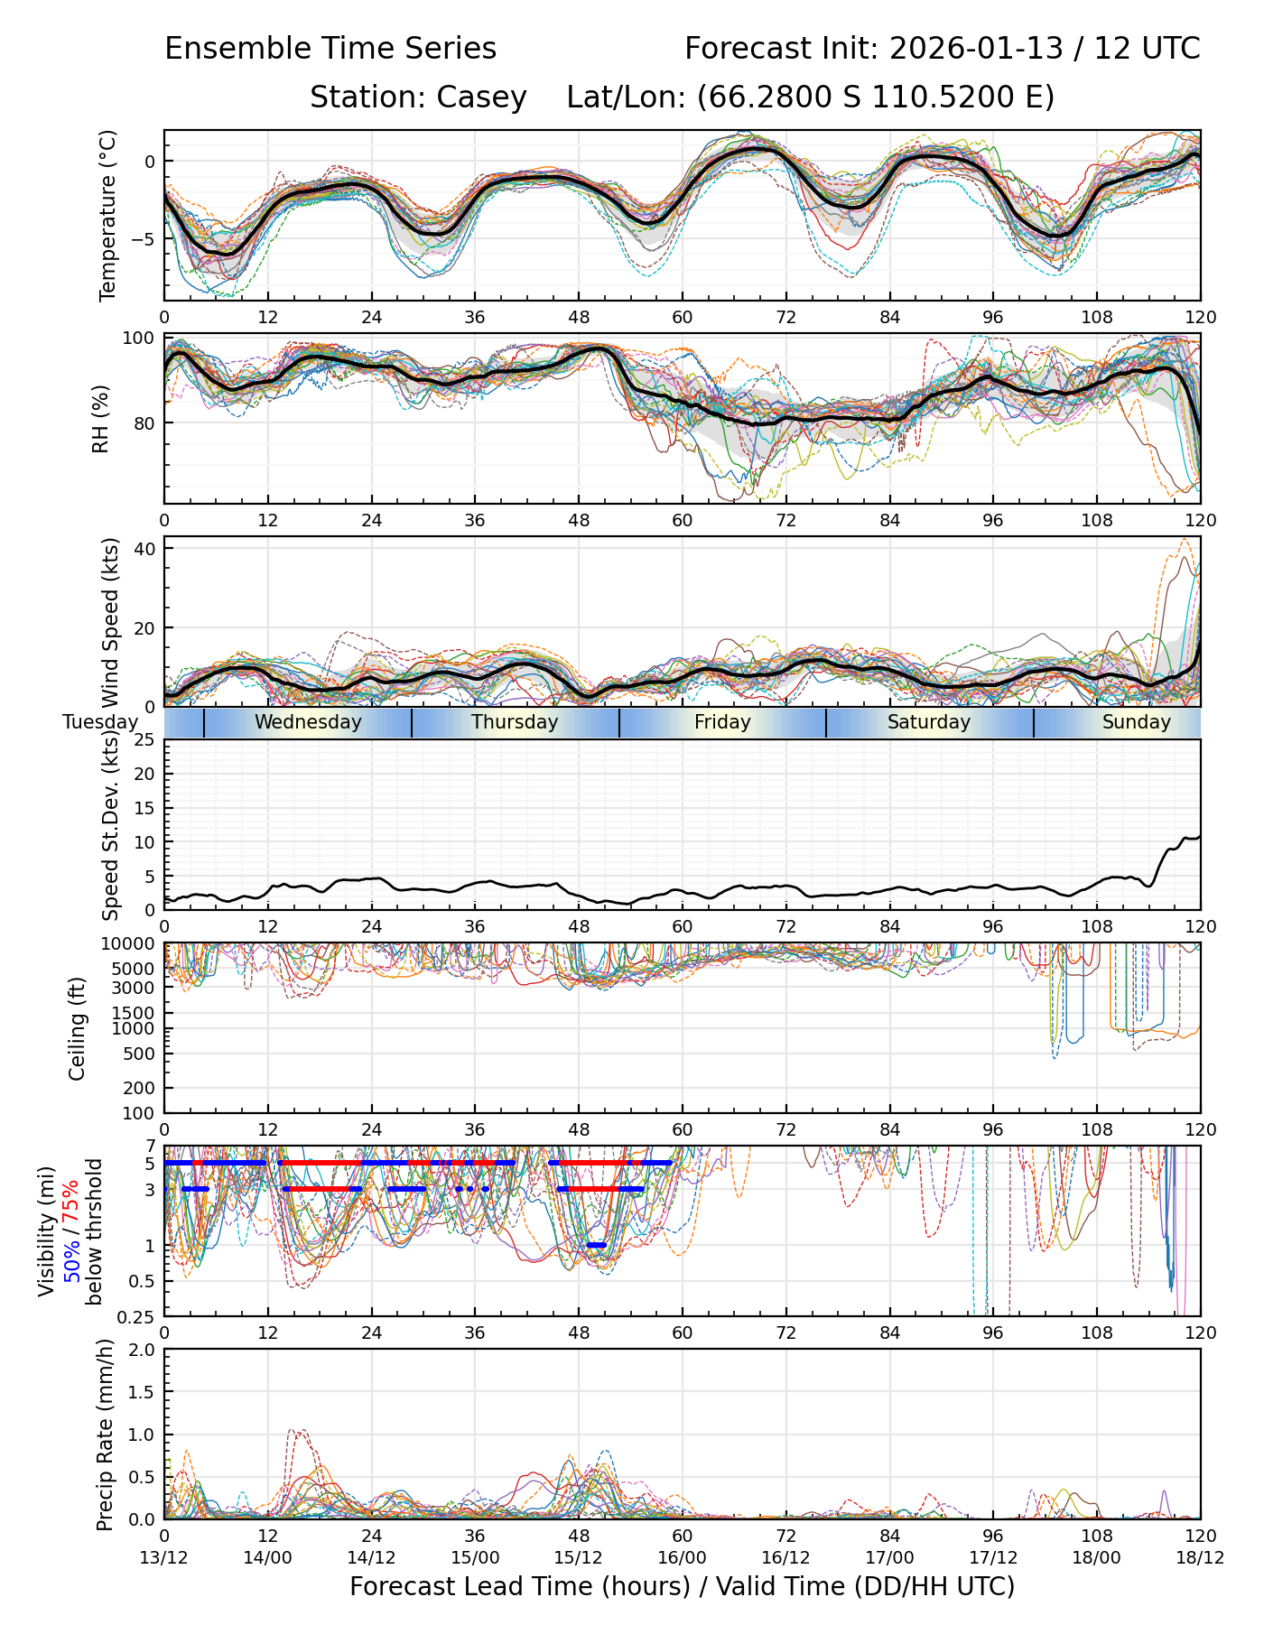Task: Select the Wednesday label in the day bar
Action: click(308, 722)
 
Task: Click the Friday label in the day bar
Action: click(722, 722)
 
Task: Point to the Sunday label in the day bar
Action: click(1136, 722)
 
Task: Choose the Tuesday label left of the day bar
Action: click(100, 722)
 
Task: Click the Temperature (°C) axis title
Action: click(108, 215)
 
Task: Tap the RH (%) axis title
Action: click(100, 419)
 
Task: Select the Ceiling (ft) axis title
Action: click(78, 1028)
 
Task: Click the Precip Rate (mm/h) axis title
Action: click(105, 1435)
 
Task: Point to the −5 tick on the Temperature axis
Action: click(142, 239)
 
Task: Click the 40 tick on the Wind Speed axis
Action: click(144, 549)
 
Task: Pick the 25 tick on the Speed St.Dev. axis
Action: click(144, 740)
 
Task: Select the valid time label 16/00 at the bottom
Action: click(683, 1558)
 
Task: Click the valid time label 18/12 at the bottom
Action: click(1200, 1558)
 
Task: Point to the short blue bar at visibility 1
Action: click(597, 1245)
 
